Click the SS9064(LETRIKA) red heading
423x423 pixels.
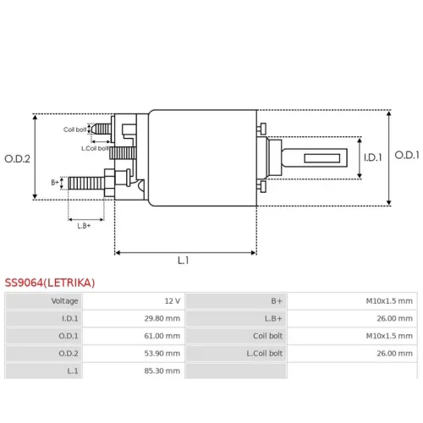click(x=50, y=283)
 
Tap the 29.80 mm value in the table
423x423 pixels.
click(x=162, y=318)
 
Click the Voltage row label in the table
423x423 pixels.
click(x=64, y=301)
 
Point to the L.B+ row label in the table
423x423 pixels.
click(x=273, y=318)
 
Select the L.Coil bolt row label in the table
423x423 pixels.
click(x=265, y=354)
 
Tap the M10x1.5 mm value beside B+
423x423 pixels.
click(x=389, y=301)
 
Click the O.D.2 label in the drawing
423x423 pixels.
click(x=17, y=159)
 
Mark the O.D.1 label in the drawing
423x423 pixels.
click(x=407, y=155)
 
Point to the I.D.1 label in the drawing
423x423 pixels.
click(x=373, y=157)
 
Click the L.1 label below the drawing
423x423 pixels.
click(x=184, y=261)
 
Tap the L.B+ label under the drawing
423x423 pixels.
click(x=84, y=226)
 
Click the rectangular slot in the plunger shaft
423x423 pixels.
click(x=322, y=158)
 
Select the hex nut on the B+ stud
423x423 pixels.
click(x=109, y=183)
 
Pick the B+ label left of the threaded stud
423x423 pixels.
click(x=55, y=183)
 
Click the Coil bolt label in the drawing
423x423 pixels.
click(x=74, y=129)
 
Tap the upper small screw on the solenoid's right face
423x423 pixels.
click(x=261, y=129)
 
